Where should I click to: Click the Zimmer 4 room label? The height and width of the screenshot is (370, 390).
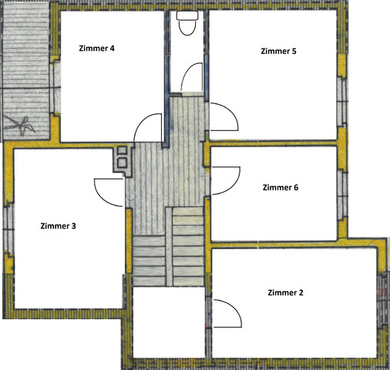(96, 49)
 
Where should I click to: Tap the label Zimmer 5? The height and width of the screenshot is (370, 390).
(278, 51)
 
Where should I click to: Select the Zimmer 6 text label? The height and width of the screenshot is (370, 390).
(281, 187)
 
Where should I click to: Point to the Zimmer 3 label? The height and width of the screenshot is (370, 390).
(58, 226)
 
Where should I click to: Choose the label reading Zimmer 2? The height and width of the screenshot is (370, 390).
(285, 293)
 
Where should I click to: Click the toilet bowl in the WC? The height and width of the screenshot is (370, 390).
(187, 28)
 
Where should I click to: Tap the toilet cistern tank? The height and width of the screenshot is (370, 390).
(187, 15)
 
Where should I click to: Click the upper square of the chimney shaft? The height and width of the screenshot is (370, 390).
(122, 150)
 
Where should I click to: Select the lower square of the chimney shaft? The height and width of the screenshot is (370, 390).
(122, 163)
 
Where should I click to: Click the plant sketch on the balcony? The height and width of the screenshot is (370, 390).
(20, 125)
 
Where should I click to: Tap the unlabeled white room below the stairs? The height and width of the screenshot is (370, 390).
(169, 322)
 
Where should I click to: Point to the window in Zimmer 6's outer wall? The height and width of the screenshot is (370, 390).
(343, 195)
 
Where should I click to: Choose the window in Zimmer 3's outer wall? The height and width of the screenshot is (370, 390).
(8, 230)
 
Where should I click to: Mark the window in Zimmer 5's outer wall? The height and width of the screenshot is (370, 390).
(343, 102)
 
